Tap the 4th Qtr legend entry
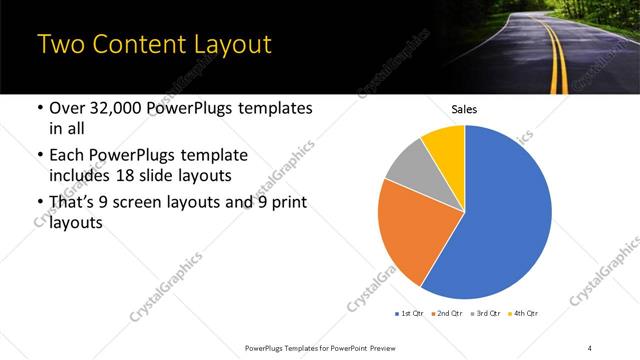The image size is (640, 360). [x=527, y=314]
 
